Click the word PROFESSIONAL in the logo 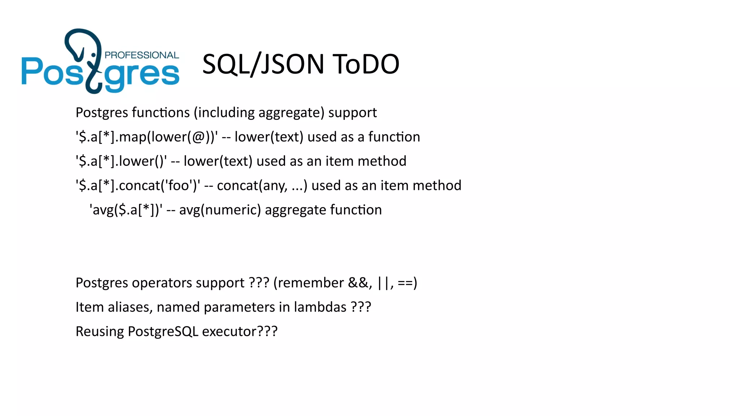pyautogui.click(x=142, y=55)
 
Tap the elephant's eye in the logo pyautogui.click(x=94, y=55)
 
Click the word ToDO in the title pyautogui.click(x=366, y=64)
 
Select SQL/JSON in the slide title pyautogui.click(x=263, y=64)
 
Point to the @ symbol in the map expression pyautogui.click(x=199, y=137)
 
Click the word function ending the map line pyautogui.click(x=394, y=137)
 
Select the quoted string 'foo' pyautogui.click(x=177, y=186)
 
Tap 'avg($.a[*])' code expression pyautogui.click(x=126, y=210)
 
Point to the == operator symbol pyautogui.click(x=405, y=283)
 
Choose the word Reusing pyautogui.click(x=100, y=331)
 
